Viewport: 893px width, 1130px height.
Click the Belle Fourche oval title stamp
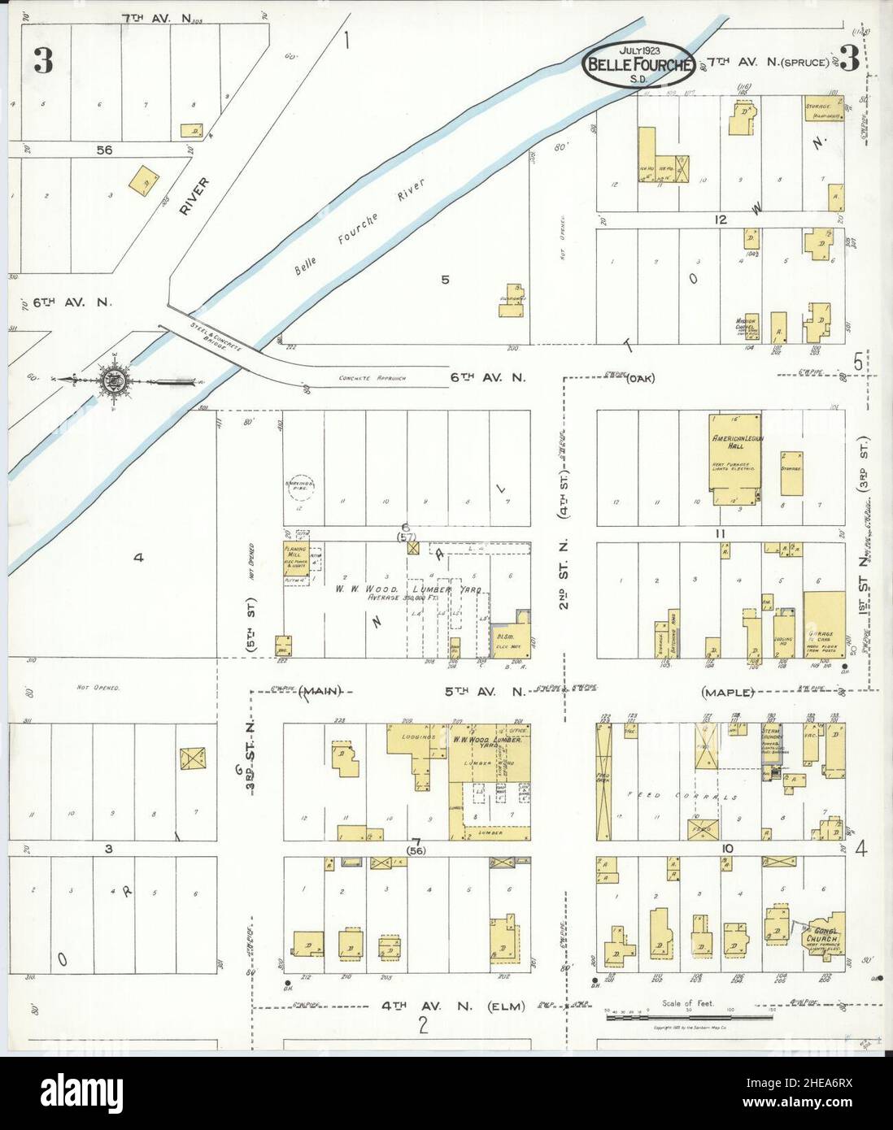[x=638, y=63]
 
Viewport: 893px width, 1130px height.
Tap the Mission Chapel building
[x=747, y=327]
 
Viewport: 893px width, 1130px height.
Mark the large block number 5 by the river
[x=445, y=280]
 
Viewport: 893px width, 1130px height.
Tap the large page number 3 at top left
[x=43, y=62]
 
